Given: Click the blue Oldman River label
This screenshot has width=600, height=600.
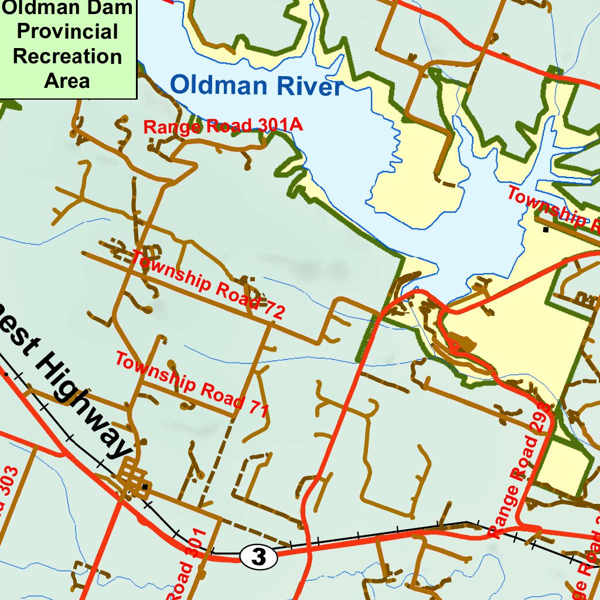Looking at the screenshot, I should (x=255, y=86).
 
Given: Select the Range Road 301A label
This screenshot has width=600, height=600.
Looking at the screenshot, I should (x=223, y=125).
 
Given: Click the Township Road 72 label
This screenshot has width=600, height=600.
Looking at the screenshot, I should (x=208, y=285).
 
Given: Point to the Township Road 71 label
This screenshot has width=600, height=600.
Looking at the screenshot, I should (x=192, y=384).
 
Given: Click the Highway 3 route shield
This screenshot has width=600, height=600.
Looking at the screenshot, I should (x=258, y=557).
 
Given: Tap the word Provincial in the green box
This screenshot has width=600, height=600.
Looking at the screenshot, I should (x=67, y=32).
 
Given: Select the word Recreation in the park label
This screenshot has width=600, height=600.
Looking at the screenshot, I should (x=67, y=56).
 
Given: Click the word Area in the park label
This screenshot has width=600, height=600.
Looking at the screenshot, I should (x=67, y=81).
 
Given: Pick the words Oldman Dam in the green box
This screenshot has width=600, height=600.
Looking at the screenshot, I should (x=67, y=8).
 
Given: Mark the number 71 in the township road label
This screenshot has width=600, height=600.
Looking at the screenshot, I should (x=256, y=407).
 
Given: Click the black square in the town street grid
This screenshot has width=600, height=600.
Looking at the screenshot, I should (x=145, y=486).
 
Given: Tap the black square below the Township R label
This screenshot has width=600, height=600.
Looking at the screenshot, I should (x=546, y=230).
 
